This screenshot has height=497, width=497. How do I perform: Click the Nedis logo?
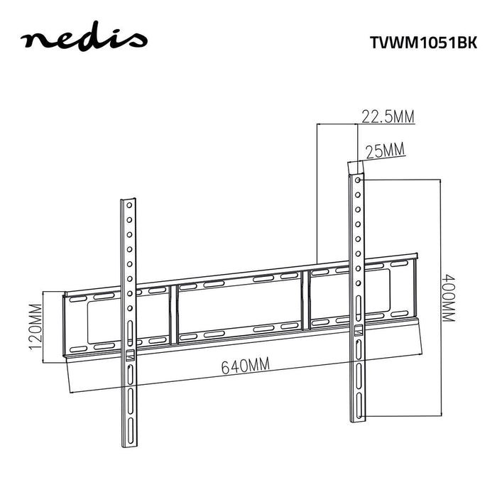tap(84, 40)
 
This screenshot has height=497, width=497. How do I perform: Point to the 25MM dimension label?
tap(383, 150)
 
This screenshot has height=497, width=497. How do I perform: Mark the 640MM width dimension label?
tap(245, 366)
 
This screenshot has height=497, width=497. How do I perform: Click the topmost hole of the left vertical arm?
tap(129, 206)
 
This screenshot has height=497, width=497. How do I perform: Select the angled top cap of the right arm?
tap(355, 165)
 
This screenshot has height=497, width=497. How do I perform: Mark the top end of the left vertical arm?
tap(129, 199)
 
